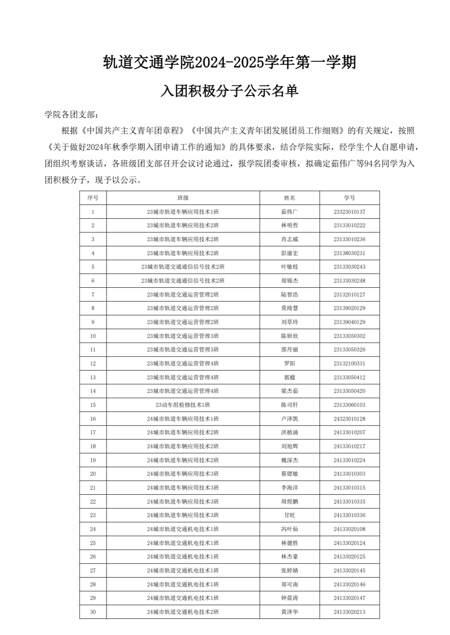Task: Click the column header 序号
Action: pyautogui.click(x=93, y=198)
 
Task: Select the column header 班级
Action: pyautogui.click(x=183, y=198)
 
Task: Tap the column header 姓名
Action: pyautogui.click(x=290, y=198)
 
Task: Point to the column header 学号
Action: pyautogui.click(x=350, y=198)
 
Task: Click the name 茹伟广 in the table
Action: pyautogui.click(x=290, y=212)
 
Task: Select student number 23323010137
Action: pyautogui.click(x=350, y=212)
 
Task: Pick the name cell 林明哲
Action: pyautogui.click(x=290, y=226)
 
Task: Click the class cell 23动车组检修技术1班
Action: pyautogui.click(x=183, y=405)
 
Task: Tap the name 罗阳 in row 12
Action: pyautogui.click(x=290, y=363)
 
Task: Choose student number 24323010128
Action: pyautogui.click(x=350, y=419)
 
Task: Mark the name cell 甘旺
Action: pyautogui.click(x=290, y=515)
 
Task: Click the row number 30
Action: pyautogui.click(x=93, y=612)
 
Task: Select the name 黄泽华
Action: pyautogui.click(x=290, y=612)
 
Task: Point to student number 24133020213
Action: pyautogui.click(x=350, y=612)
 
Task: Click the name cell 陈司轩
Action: pyautogui.click(x=290, y=405)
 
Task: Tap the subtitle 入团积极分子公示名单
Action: pyautogui.click(x=229, y=91)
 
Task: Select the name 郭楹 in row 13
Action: pyautogui.click(x=290, y=377)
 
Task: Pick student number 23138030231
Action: pyautogui.click(x=350, y=253)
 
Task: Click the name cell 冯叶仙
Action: pyautogui.click(x=290, y=529)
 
